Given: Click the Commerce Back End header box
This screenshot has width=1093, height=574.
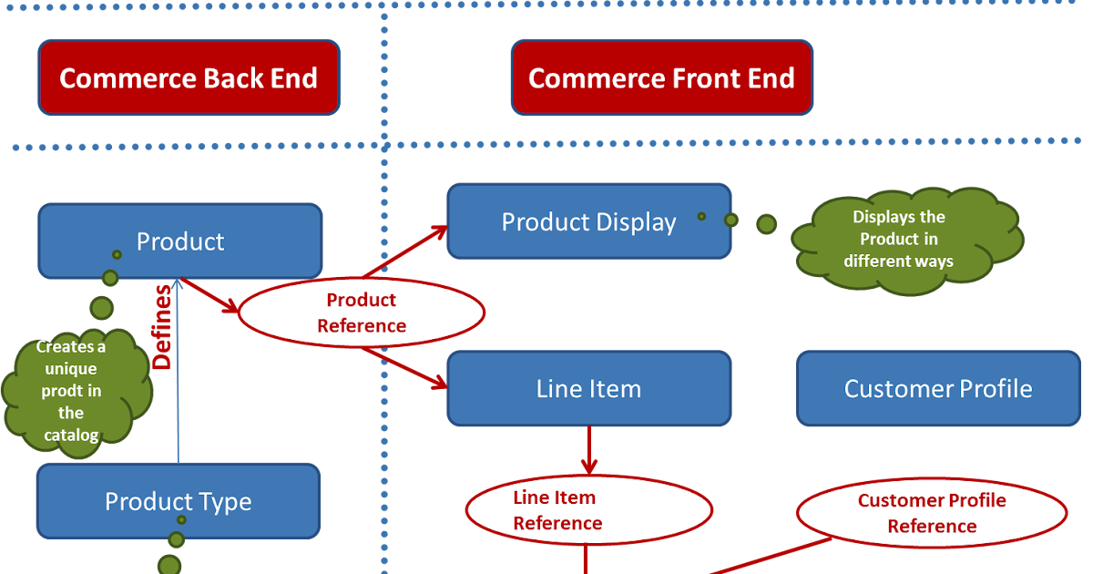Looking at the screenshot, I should [x=189, y=77].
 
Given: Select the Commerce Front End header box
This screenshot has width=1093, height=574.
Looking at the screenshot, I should [x=661, y=77].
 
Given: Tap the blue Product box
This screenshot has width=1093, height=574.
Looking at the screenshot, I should [x=179, y=241].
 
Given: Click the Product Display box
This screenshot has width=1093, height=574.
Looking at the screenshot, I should [x=588, y=221].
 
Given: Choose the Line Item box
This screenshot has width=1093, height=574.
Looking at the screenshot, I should [x=588, y=389].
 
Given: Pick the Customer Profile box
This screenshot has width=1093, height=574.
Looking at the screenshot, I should [x=937, y=389].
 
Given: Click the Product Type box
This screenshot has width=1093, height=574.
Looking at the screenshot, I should [x=178, y=501].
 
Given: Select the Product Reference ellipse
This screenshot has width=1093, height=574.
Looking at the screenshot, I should [x=362, y=313].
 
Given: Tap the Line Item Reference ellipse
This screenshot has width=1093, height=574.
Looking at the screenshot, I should [x=588, y=510].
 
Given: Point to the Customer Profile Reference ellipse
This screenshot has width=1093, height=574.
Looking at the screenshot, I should [x=932, y=513].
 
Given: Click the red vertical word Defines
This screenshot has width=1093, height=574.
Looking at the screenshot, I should [x=162, y=327].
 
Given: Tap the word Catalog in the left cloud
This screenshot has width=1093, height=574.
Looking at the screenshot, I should [x=71, y=436].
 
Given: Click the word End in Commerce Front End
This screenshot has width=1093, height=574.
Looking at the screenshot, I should [x=772, y=78].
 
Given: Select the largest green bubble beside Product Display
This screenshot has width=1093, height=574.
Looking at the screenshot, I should [x=766, y=223].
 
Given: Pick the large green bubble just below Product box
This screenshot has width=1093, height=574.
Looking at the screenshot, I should [x=101, y=307].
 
